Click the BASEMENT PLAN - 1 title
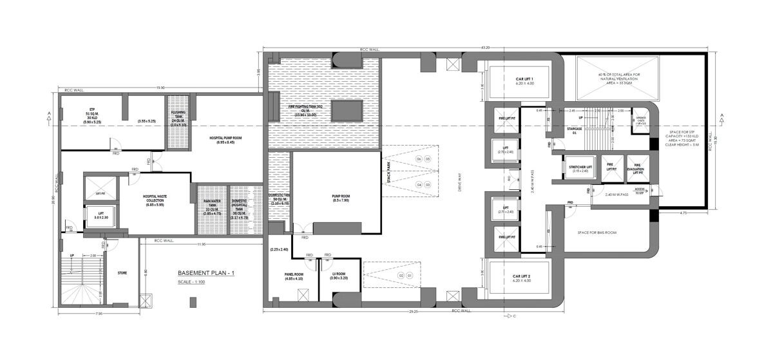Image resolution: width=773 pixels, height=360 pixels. pos(206,273)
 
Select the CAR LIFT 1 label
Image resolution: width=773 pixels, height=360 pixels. pos(519,80)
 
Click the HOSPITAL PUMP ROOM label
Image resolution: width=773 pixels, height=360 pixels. pos(225,140)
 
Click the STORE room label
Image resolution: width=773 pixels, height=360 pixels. pos(122,272)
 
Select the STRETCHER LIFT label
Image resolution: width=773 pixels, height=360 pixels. pos(582,168)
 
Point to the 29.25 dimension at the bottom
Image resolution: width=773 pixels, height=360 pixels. pos(412,312)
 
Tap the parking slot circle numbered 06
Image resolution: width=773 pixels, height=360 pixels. pos(418,158)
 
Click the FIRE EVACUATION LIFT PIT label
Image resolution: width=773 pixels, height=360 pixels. pos(635,168)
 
